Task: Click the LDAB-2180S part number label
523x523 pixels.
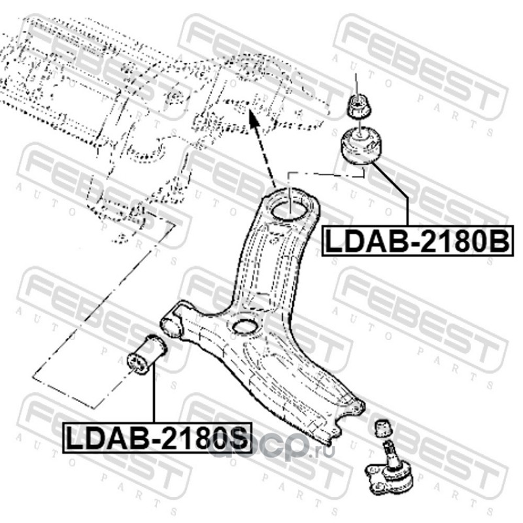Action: tap(156, 438)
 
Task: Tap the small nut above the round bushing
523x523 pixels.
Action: tap(356, 106)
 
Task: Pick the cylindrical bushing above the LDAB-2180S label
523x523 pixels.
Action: tap(146, 354)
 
